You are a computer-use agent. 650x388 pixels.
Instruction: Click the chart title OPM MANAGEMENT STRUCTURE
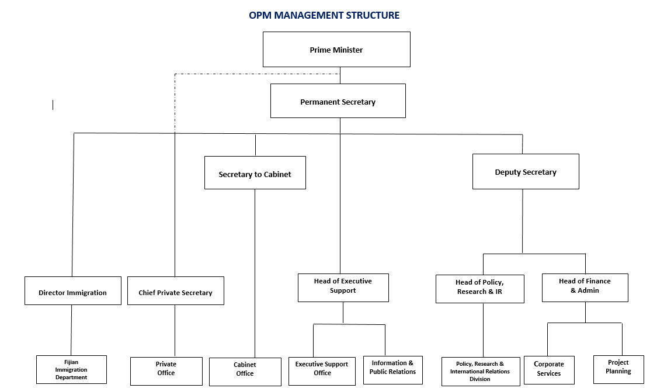tap(324, 15)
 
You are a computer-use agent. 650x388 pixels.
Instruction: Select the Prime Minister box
tap(336, 50)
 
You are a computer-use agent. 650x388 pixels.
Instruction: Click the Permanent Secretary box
tap(338, 101)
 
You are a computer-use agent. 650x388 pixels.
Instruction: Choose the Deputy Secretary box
tap(526, 172)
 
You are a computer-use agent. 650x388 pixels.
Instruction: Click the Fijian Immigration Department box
tap(71, 369)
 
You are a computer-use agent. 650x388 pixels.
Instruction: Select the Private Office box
tap(166, 371)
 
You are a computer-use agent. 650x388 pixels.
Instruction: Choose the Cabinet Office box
tap(245, 372)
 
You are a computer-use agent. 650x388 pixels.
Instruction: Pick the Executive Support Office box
tap(322, 371)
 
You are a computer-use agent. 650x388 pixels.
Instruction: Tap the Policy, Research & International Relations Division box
tap(480, 372)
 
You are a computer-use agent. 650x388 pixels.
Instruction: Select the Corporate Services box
tap(549, 370)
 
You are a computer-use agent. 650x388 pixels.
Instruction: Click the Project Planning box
tap(618, 369)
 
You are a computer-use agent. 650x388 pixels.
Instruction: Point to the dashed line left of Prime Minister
tap(257, 74)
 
